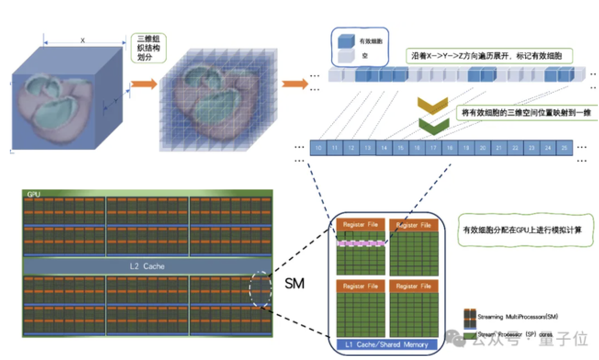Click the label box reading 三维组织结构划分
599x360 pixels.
(148, 47)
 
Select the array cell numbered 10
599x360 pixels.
(318, 148)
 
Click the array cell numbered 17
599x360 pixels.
(433, 148)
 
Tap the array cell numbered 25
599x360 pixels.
(565, 148)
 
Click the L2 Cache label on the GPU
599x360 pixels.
(147, 266)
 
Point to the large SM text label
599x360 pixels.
(294, 284)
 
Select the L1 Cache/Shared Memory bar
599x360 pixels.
(387, 344)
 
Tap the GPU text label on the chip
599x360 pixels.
(34, 195)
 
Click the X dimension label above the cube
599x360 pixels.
(83, 41)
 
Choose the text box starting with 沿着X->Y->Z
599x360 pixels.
(489, 56)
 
